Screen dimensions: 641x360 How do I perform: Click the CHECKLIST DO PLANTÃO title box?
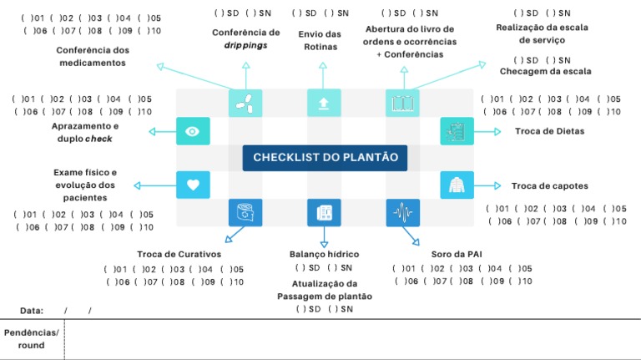pyautogui.click(x=325, y=158)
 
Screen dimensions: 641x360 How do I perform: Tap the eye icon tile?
pyautogui.click(x=193, y=131)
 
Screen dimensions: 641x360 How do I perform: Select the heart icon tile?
pyautogui.click(x=193, y=185)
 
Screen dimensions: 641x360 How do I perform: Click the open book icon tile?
pyautogui.click(x=402, y=103)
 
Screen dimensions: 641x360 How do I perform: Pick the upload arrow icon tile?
pyautogui.click(x=324, y=103)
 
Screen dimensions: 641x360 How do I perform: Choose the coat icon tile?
pyautogui.click(x=457, y=185)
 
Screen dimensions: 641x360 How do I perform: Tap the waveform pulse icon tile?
pyautogui.click(x=402, y=213)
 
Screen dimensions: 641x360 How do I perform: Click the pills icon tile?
pyautogui.click(x=245, y=103)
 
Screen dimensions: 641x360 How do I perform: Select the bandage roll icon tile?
pyautogui.click(x=245, y=213)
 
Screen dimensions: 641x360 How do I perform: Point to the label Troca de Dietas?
pyautogui.click(x=549, y=131)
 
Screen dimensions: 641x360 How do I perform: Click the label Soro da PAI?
pyautogui.click(x=457, y=254)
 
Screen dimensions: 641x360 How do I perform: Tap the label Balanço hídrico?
pyautogui.click(x=324, y=254)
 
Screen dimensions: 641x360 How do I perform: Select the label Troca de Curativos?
pyautogui.click(x=179, y=254)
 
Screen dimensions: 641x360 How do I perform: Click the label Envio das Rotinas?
pyautogui.click(x=320, y=40)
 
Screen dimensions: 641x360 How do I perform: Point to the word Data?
pyautogui.click(x=32, y=311)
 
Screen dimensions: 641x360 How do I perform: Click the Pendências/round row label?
pyautogui.click(x=32, y=339)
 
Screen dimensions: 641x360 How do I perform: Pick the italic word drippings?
pyautogui.click(x=245, y=45)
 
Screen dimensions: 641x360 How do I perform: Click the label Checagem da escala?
pyautogui.click(x=545, y=71)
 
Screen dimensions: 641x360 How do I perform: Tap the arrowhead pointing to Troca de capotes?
pyautogui.click(x=497, y=185)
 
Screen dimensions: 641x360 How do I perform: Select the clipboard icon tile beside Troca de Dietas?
pyautogui.click(x=457, y=131)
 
